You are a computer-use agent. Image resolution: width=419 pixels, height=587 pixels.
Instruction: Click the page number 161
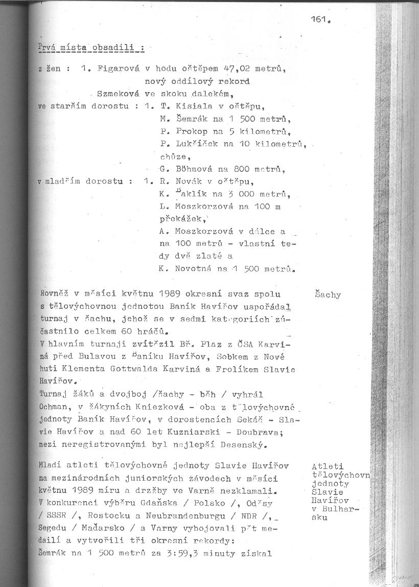pyautogui.click(x=319, y=21)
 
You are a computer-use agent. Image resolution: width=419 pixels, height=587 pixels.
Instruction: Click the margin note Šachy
pyautogui.click(x=328, y=295)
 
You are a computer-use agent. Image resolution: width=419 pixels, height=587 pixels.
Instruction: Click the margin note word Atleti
pyautogui.click(x=327, y=466)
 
